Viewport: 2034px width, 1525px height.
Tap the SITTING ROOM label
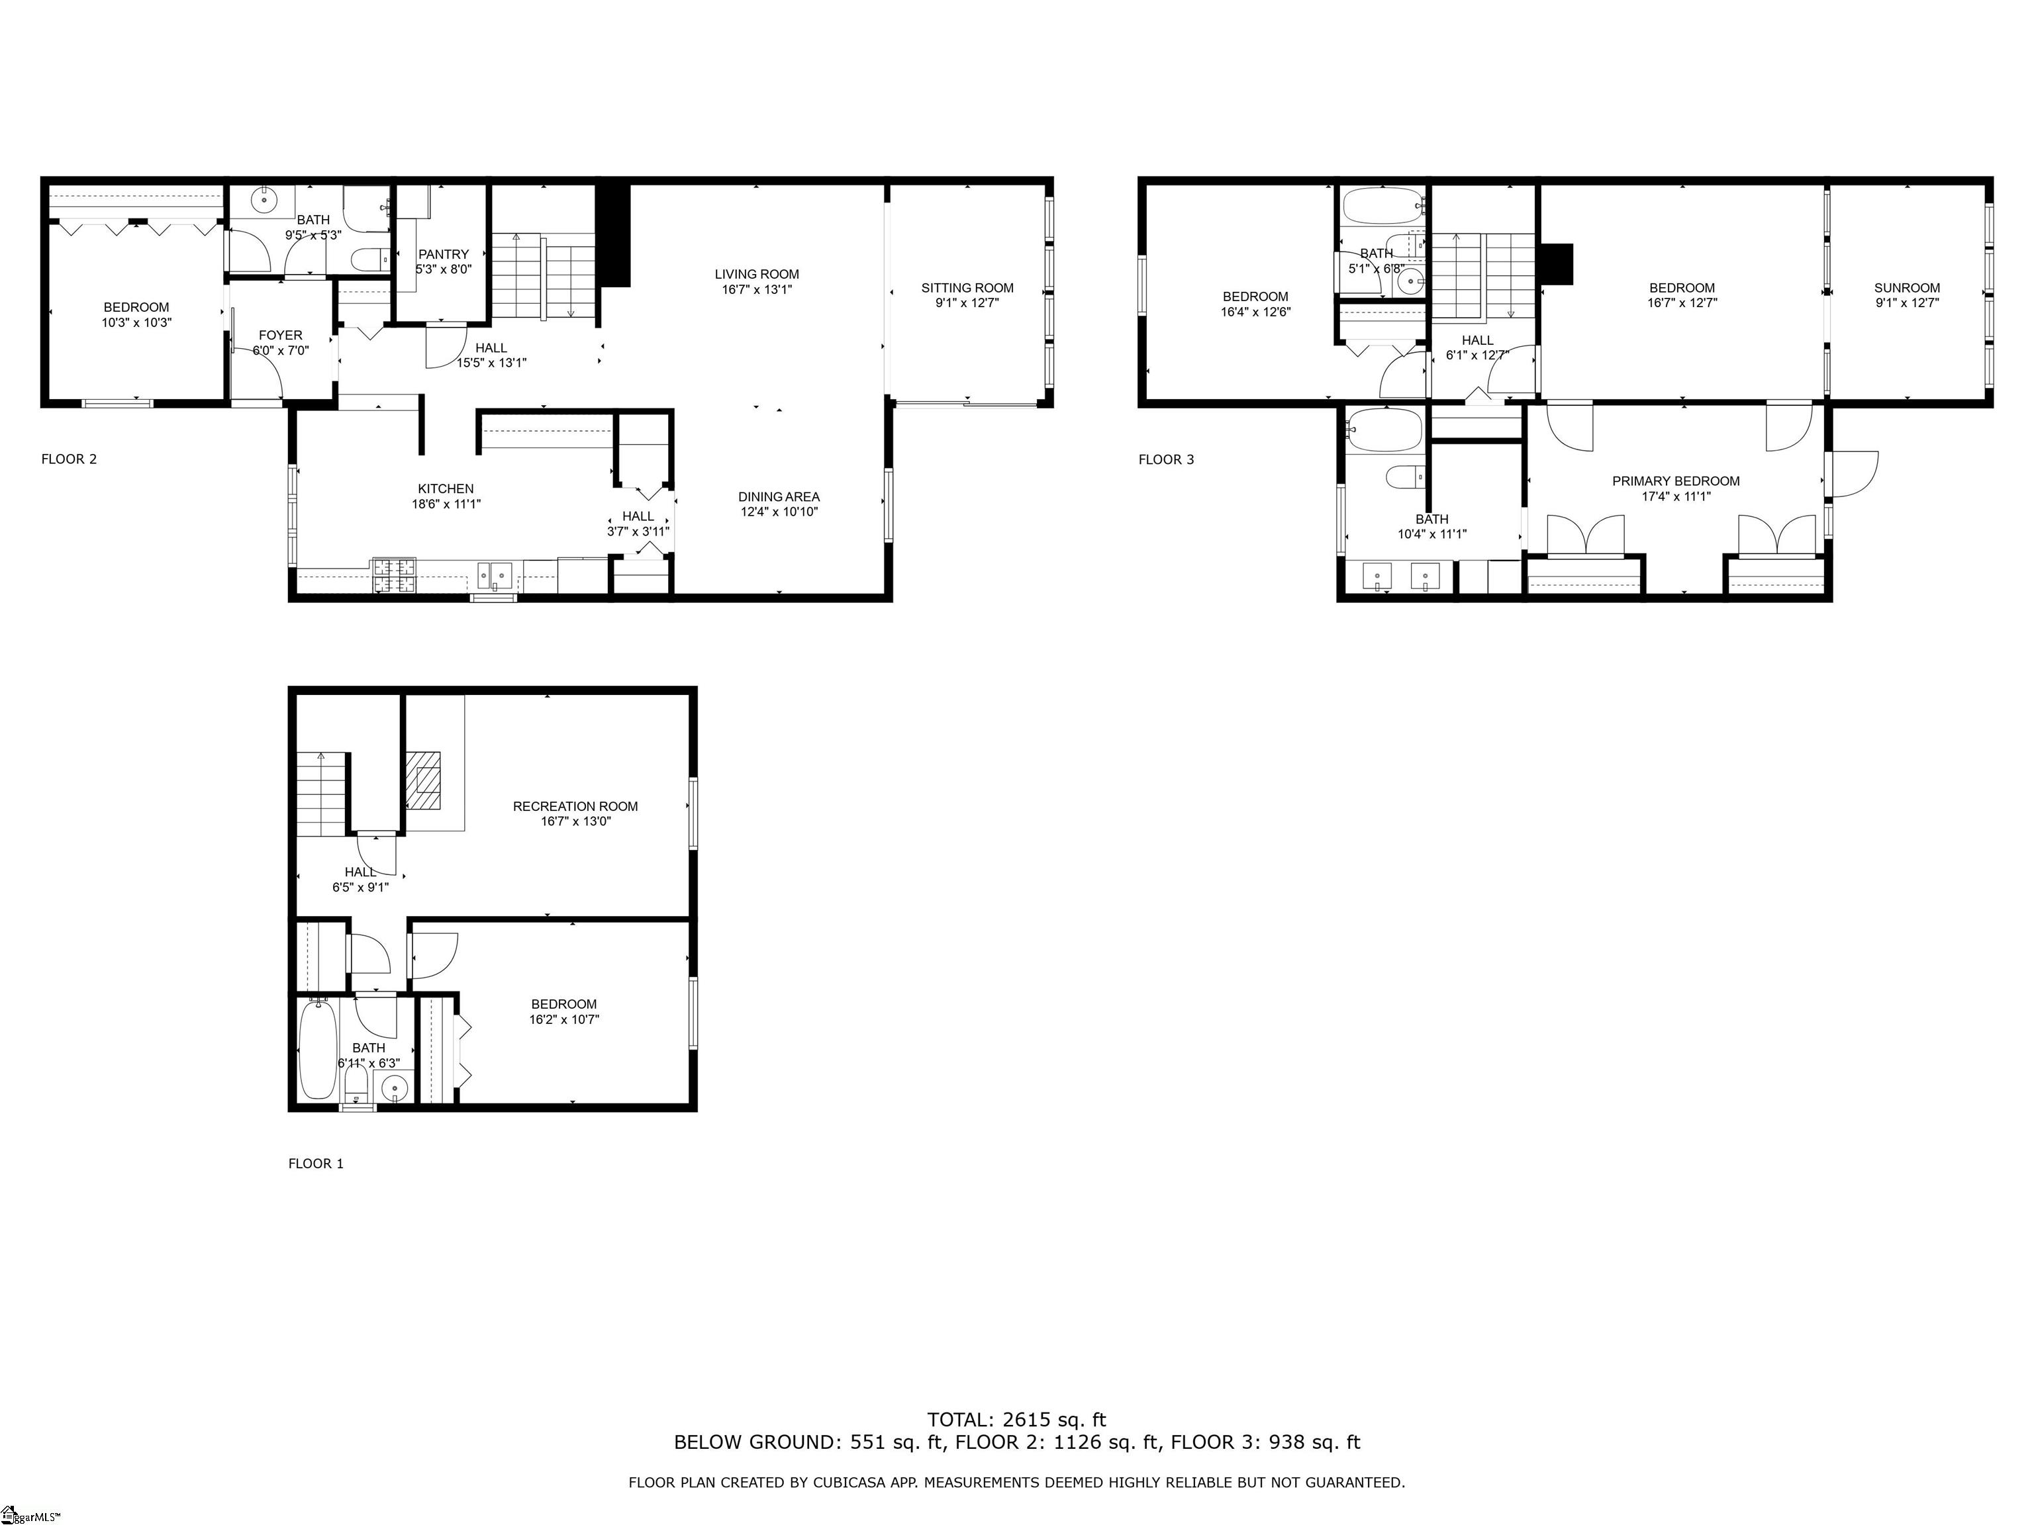pyautogui.click(x=967, y=288)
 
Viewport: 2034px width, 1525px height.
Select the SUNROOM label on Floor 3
pyautogui.click(x=1907, y=288)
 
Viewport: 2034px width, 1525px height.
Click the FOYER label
pyautogui.click(x=281, y=336)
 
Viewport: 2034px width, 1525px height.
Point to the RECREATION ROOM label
pyautogui.click(x=575, y=806)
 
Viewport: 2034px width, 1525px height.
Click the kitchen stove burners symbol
pyautogui.click(x=393, y=575)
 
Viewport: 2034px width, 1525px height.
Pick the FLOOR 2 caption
pyautogui.click(x=69, y=459)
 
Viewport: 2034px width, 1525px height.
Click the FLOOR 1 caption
pyautogui.click(x=315, y=1164)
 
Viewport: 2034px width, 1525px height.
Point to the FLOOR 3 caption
pyautogui.click(x=1166, y=459)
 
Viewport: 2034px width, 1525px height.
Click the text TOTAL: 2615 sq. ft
pyautogui.click(x=1016, y=1420)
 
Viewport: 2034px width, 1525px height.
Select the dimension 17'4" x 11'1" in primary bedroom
pyautogui.click(x=1675, y=496)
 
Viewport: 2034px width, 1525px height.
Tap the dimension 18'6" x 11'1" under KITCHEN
pyautogui.click(x=446, y=504)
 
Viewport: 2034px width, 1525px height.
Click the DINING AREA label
pyautogui.click(x=779, y=496)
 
